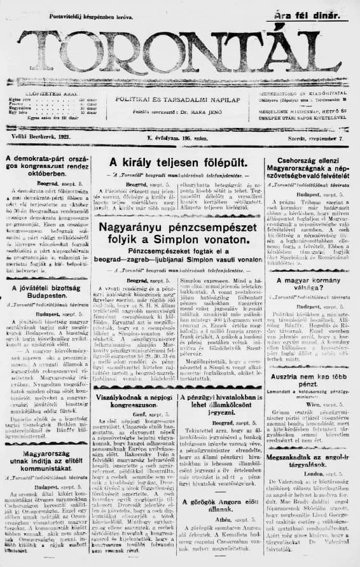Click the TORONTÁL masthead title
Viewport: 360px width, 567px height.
pyautogui.click(x=180, y=55)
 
